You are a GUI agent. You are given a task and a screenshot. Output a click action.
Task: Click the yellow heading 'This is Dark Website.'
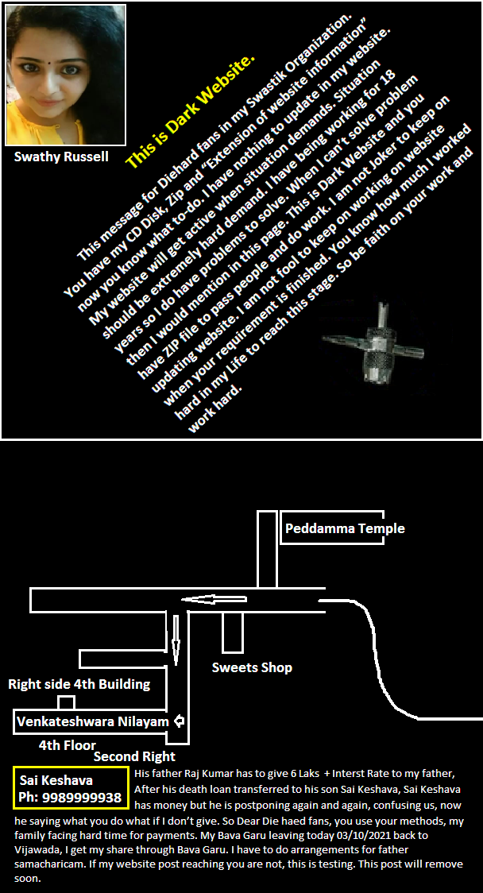190,111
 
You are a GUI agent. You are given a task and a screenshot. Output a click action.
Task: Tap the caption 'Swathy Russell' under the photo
61,157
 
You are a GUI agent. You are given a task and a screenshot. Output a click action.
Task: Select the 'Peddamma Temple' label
345,528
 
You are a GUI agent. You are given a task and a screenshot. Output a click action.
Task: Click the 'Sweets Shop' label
252,667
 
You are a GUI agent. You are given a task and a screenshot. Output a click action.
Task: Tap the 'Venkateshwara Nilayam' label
93,722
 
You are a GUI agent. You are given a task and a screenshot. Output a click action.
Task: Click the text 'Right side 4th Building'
79,684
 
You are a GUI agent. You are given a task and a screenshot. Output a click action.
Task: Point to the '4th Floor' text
68,745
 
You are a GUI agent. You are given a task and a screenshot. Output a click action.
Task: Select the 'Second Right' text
134,756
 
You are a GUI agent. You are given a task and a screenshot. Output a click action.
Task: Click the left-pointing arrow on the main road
214,599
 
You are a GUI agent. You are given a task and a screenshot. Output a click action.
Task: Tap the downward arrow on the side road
176,635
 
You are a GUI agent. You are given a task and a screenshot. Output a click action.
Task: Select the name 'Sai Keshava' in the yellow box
56,780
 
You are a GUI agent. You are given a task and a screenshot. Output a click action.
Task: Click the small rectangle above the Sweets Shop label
233,633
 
